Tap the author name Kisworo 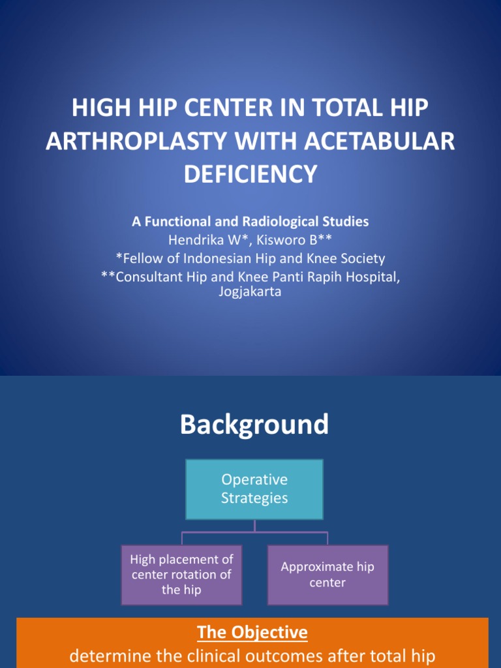280,240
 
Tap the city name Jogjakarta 250,292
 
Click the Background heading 254,425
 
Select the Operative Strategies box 254,489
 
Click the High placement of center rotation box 181,575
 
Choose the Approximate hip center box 327,575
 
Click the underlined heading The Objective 252,632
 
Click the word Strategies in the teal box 254,498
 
